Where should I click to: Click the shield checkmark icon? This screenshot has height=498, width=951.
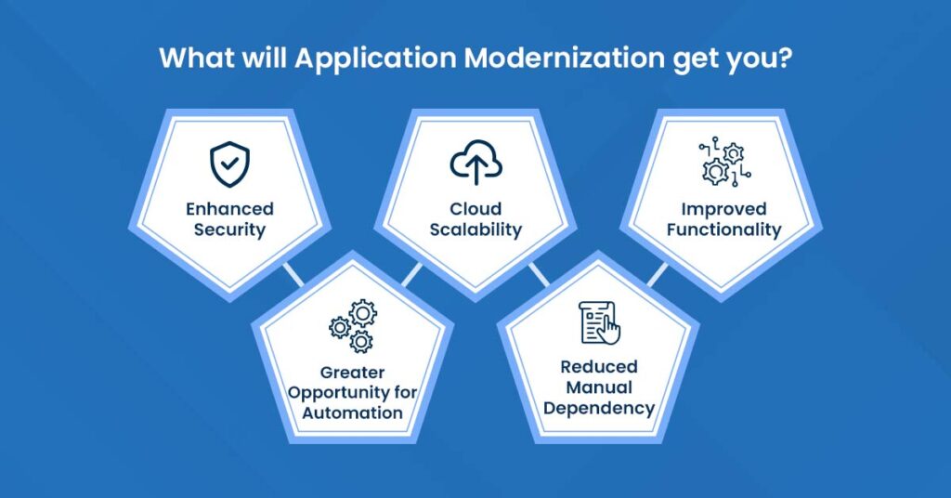228,164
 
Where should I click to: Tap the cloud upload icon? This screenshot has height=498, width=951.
475,164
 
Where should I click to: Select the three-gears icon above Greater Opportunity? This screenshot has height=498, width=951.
352,326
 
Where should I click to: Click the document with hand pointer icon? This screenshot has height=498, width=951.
599,322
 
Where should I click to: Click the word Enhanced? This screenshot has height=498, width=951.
228,209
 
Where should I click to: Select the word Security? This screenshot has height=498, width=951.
228,229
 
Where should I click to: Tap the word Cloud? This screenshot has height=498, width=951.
475,209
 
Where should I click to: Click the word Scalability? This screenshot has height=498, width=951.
475,229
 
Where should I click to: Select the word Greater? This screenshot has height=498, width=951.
351,373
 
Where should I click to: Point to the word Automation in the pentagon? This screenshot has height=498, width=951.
352,413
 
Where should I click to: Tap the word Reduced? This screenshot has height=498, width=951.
599,367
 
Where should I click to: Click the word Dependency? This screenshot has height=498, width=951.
599,408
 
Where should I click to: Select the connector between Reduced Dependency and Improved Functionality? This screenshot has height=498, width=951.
658,274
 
